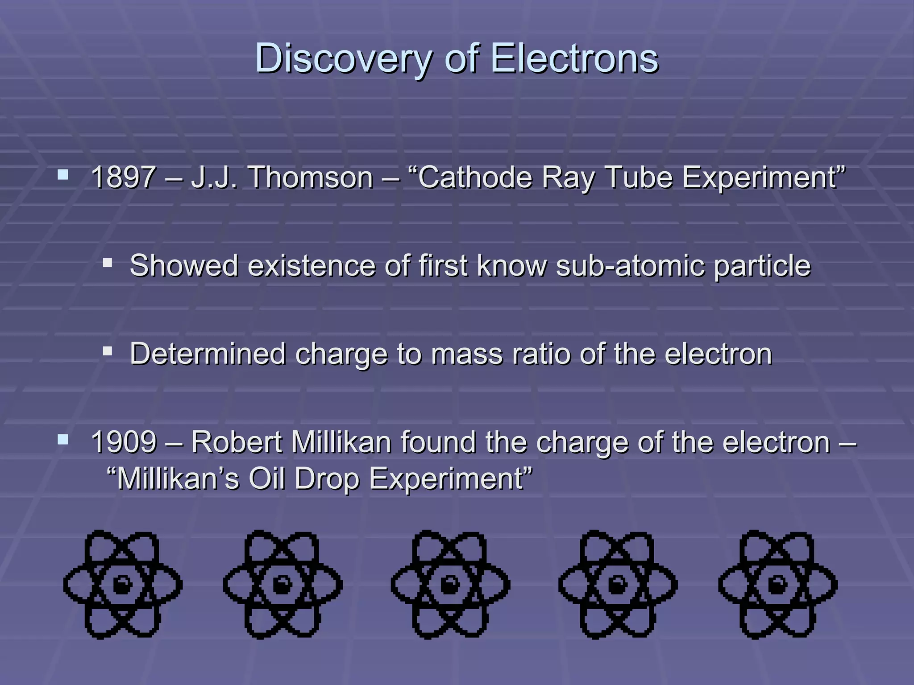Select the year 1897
[123, 177]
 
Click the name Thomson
[311, 177]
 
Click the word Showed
[183, 266]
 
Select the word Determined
[208, 354]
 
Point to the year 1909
[124, 442]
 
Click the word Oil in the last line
[266, 479]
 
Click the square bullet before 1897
[63, 174]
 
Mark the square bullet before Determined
[107, 351]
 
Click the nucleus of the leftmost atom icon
[122, 585]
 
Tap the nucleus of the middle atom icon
[450, 585]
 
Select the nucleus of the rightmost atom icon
[777, 585]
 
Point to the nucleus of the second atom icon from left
[283, 585]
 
